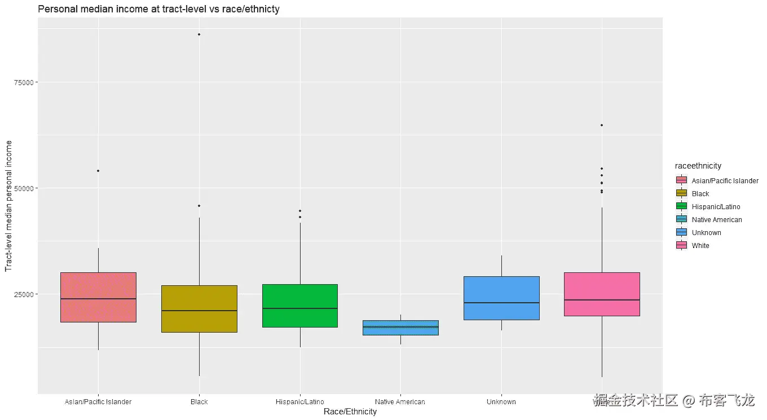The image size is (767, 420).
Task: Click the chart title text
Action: [x=158, y=9]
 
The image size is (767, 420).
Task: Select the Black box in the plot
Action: [x=199, y=308]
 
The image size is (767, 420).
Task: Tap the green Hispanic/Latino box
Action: [x=300, y=306]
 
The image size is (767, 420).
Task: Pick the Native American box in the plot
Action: [x=400, y=328]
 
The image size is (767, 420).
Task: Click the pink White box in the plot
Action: [x=602, y=294]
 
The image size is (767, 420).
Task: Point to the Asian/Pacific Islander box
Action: [x=98, y=297]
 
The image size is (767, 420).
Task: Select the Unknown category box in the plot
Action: [x=501, y=298]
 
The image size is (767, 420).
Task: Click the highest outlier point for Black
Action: [x=199, y=34]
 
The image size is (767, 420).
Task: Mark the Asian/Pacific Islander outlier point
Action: [x=98, y=171]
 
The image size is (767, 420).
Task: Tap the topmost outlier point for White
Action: [x=602, y=125]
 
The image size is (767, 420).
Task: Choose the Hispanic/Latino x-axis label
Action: [x=300, y=402]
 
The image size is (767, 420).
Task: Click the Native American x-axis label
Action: [x=400, y=402]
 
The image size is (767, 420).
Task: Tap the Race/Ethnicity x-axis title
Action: [x=350, y=412]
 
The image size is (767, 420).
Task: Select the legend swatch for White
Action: [x=681, y=246]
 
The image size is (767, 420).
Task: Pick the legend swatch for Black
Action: [x=681, y=193]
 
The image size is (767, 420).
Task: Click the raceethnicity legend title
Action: [x=698, y=166]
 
